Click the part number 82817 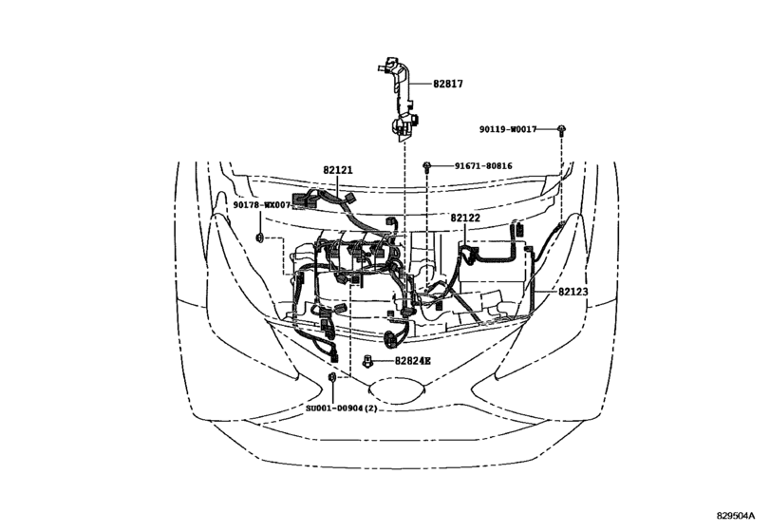coord(448,84)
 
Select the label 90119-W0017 coord(508,129)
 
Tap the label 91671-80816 coord(483,166)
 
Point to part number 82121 coord(338,170)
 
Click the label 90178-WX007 coord(262,204)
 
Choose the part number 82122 coord(465,218)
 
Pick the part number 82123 coord(573,292)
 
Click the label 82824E coord(413,361)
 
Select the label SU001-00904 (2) coord(342,408)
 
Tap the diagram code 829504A coord(735,516)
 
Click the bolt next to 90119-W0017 coord(561,130)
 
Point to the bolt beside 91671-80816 coord(426,166)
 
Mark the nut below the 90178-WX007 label coord(260,238)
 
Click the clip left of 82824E coord(367,362)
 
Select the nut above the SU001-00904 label coord(332,377)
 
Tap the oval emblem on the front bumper coord(396,390)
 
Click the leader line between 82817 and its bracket coord(421,84)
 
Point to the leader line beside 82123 coord(544,292)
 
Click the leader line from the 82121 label coord(338,185)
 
